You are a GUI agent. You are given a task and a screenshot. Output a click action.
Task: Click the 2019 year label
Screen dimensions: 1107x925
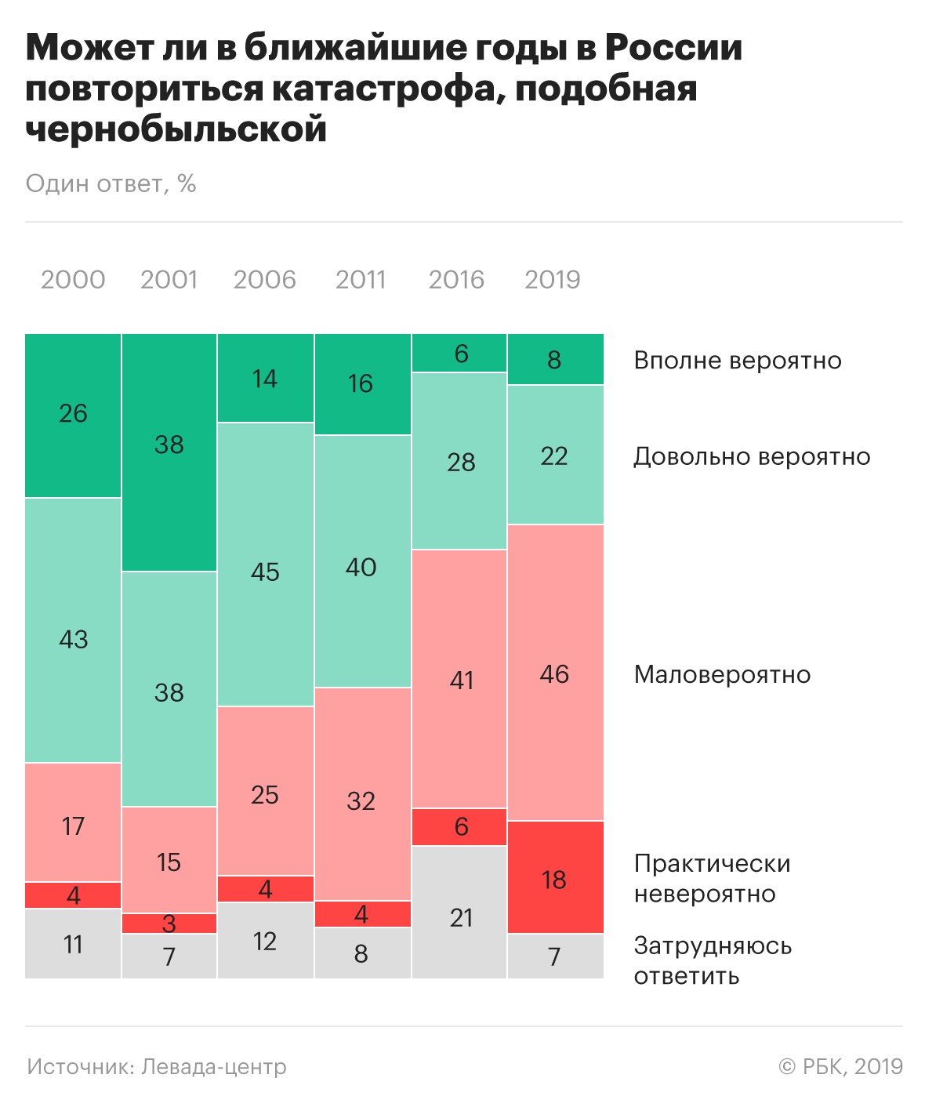coord(552,280)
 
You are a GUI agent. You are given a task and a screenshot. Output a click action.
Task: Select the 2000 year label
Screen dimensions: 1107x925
coord(73,280)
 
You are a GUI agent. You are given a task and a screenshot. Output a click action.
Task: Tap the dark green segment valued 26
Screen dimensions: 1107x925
coord(73,416)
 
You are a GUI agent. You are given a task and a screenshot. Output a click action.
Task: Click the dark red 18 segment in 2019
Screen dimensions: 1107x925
coord(555,878)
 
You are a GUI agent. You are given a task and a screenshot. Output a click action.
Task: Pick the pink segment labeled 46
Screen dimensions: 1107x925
coord(555,673)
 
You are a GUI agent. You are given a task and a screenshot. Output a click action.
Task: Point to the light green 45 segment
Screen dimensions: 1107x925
coord(265,564)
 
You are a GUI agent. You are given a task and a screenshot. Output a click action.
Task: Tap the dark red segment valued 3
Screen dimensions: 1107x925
coord(169,924)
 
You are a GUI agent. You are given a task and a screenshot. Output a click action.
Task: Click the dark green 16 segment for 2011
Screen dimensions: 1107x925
coord(361,384)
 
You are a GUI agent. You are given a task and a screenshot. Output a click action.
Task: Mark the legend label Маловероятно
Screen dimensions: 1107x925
coord(722,674)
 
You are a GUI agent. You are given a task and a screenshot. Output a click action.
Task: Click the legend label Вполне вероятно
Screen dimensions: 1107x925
coord(737,361)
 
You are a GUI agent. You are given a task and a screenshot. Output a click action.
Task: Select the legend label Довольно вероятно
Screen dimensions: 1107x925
coord(752,456)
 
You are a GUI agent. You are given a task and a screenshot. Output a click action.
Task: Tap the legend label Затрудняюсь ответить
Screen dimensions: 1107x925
coord(713,960)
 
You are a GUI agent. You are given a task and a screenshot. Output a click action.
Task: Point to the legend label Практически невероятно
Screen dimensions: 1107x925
coord(713,878)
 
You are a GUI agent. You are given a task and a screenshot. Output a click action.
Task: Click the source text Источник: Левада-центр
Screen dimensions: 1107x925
coord(157,1067)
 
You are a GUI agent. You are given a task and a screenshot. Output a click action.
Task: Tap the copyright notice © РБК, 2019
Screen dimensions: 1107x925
coord(840,1067)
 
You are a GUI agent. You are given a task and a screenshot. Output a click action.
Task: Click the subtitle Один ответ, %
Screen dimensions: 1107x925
coord(111,183)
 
